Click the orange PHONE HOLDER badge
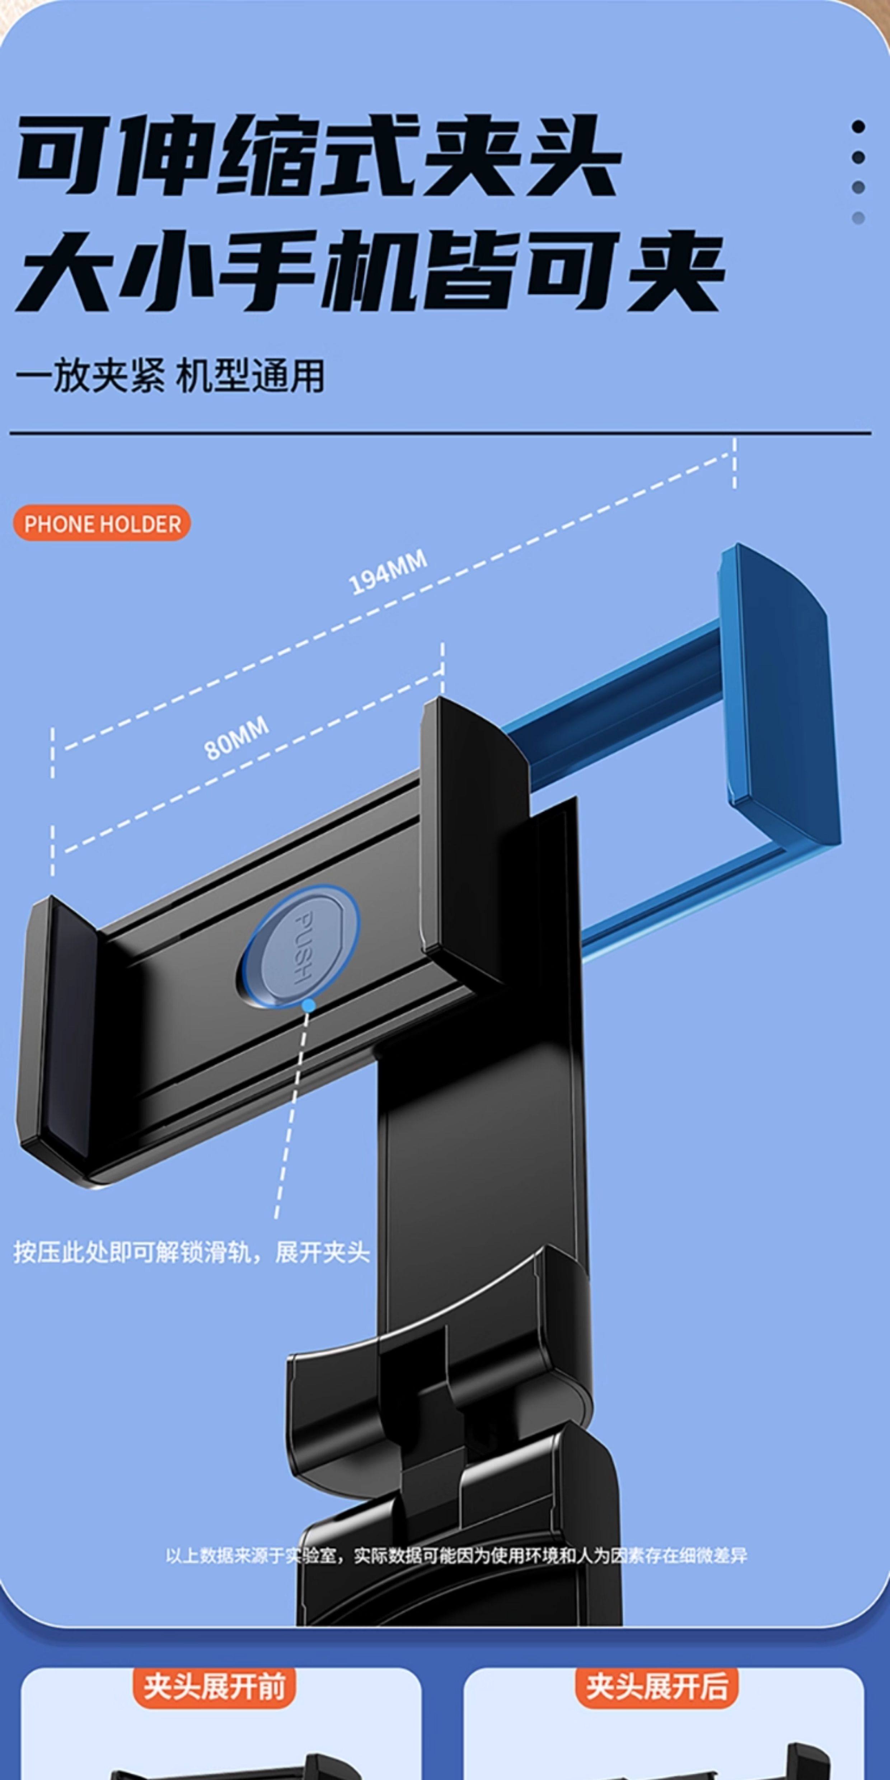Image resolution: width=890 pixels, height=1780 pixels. point(102,523)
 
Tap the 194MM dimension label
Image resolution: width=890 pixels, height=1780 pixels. point(388,573)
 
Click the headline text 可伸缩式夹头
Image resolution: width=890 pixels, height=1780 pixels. point(318,155)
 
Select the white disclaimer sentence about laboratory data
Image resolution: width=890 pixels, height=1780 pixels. point(456,1556)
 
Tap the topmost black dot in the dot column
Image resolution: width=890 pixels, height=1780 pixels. point(858,126)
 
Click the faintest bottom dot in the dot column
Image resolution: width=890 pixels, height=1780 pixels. point(858,218)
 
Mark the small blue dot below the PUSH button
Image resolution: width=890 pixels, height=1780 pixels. point(309,1006)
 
